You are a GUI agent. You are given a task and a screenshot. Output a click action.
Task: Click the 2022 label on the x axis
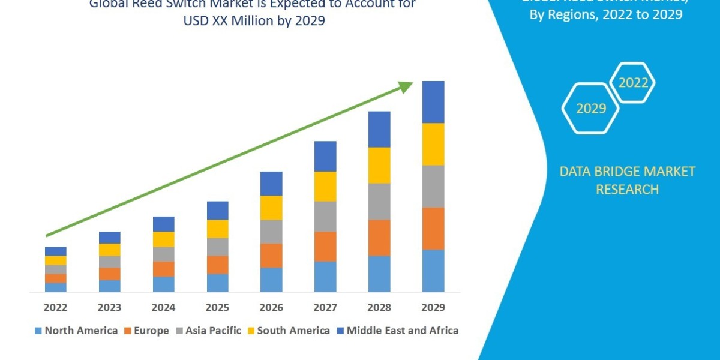point(55,308)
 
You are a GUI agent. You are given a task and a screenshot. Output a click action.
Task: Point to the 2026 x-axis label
point(271,308)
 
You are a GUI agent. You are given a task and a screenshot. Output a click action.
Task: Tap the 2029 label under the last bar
point(433,308)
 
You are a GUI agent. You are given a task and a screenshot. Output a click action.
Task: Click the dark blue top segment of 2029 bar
point(433,102)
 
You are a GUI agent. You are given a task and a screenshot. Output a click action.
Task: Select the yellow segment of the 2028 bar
point(379,165)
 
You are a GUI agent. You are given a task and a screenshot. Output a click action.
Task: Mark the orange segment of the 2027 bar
point(325,246)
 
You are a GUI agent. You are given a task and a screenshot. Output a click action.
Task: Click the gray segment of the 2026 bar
point(271,231)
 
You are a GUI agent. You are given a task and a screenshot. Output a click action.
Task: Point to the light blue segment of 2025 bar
point(217,283)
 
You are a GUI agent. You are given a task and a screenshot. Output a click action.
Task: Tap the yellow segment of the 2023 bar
point(109,250)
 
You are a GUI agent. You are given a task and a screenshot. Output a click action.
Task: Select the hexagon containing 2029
point(590,109)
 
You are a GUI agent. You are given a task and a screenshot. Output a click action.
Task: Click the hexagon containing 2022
point(632,83)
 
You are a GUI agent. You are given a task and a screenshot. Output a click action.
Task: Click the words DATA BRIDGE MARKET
point(618,172)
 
